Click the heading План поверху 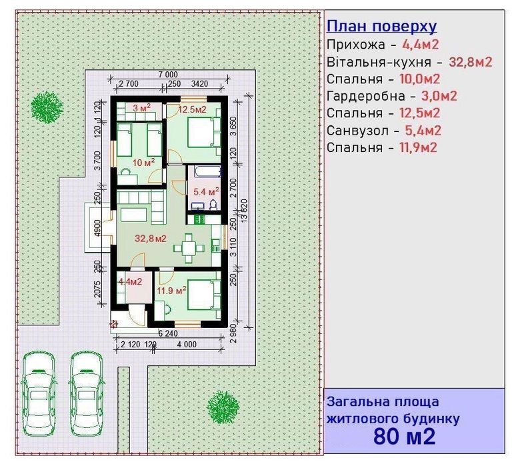382,27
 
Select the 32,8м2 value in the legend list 470,62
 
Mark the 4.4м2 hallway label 131,282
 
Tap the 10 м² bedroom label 143,162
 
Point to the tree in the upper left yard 47,104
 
